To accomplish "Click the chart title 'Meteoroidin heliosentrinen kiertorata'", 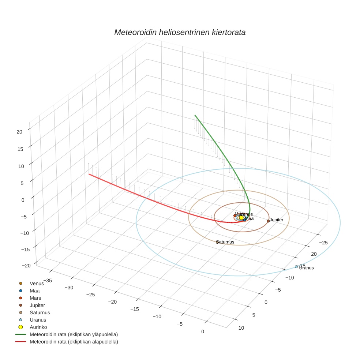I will coord(180,32).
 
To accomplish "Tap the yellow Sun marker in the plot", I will coord(241,218).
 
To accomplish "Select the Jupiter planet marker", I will coord(268,221).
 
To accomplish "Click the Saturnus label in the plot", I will coord(225,242).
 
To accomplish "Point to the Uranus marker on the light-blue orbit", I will coord(296,267).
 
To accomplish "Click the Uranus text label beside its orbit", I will coord(307,268).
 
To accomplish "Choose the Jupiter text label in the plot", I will coord(277,220).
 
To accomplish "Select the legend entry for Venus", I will coord(37,283).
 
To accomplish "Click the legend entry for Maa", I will coord(35,290).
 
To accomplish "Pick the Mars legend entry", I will coord(35,298).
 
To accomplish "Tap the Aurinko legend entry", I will coord(38,327).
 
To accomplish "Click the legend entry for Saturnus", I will coord(40,312).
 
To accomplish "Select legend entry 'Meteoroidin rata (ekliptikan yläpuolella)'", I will coord(74,334).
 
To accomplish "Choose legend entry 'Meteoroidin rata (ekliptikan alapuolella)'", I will coord(74,342).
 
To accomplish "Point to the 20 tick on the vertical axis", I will coord(20,132).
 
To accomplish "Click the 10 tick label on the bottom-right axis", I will coord(241,328).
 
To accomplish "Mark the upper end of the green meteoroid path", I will coord(195,115).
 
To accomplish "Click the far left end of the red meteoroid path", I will coord(89,174).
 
